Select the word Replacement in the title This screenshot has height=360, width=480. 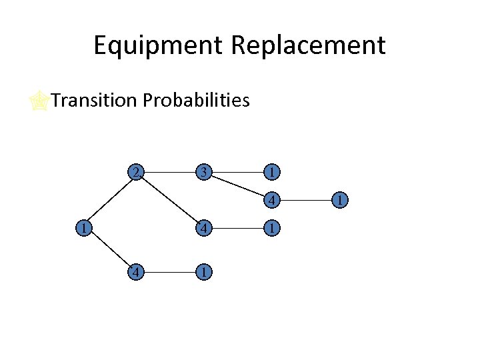pyautogui.click(x=308, y=46)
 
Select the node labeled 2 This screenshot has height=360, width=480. pyautogui.click(x=136, y=172)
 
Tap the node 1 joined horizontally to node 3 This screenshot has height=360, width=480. pyautogui.click(x=271, y=172)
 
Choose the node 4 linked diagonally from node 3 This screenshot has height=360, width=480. pyautogui.click(x=271, y=199)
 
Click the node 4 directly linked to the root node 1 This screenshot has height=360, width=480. pyautogui.click(x=136, y=273)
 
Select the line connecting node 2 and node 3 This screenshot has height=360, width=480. pyautogui.click(x=171, y=172)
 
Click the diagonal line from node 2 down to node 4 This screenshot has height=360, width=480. pyautogui.click(x=171, y=200)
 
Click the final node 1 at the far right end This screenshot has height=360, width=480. pyautogui.click(x=341, y=199)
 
